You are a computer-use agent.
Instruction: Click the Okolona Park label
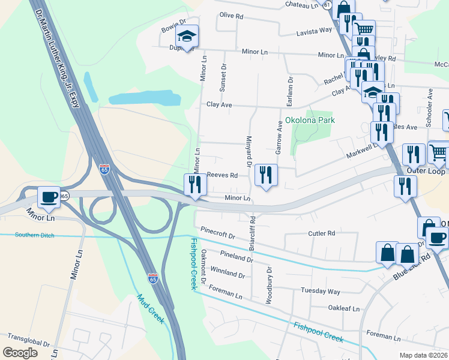point(310,120)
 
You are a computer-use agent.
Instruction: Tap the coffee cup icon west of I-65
point(48,196)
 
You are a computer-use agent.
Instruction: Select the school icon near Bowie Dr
point(187,38)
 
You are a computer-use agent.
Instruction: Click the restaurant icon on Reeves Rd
point(265,174)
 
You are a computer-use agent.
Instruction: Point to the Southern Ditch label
point(35,235)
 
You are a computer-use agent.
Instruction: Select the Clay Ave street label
point(218,104)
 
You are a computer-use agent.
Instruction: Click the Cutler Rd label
point(321,233)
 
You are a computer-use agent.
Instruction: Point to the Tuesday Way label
point(321,292)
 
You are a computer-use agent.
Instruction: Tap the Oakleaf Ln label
point(343,308)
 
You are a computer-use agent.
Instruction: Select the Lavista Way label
point(318,30)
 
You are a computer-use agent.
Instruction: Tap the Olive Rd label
point(231,14)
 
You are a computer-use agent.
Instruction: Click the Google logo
point(20,353)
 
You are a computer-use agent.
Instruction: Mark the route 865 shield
point(64,196)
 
